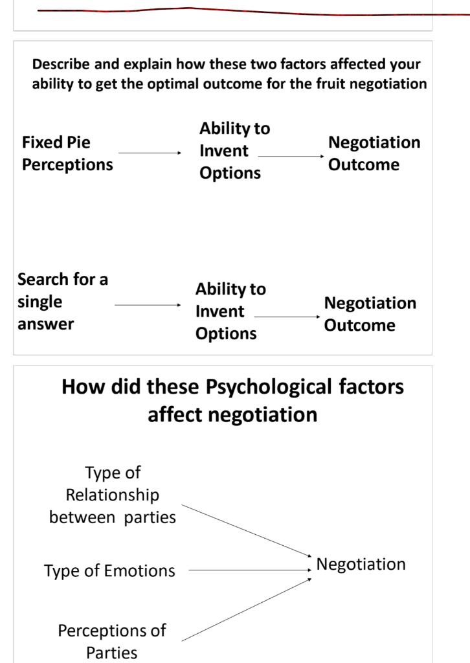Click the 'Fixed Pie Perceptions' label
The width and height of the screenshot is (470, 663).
pos(67,153)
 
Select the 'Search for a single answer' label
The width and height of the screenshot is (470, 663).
pos(62,302)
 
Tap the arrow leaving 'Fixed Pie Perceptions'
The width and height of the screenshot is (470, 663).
pos(150,153)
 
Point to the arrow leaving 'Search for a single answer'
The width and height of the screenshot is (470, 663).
pos(148,304)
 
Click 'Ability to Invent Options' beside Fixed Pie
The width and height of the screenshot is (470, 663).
pos(234,151)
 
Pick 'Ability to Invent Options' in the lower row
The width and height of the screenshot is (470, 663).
pos(230,311)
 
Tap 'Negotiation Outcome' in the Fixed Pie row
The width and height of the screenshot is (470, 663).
pos(374,153)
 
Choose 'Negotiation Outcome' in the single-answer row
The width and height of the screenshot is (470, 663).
pos(369,314)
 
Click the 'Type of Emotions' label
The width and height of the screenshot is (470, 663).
pos(109,571)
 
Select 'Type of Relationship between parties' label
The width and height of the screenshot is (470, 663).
pos(113,495)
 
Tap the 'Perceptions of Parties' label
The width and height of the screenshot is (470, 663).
pos(112,641)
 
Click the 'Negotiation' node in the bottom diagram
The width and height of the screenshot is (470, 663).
pos(361,565)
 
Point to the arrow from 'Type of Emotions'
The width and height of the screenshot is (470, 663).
pos(249,570)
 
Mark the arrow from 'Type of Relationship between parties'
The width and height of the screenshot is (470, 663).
pos(246,530)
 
